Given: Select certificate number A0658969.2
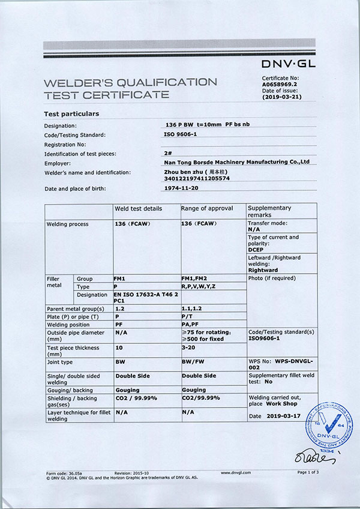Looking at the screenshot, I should pyautogui.click(x=281, y=85).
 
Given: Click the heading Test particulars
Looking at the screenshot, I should pyautogui.click(x=72, y=113).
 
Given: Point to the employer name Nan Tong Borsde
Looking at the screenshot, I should pyautogui.click(x=236, y=162).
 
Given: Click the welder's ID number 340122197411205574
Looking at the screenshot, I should pyautogui.click(x=197, y=178).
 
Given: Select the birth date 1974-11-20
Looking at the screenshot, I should pyautogui.click(x=181, y=188).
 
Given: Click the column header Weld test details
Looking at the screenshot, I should pyautogui.click(x=138, y=208).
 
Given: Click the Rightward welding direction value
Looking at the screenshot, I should pyautogui.click(x=265, y=270).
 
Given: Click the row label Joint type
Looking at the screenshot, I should pyautogui.click(x=60, y=362).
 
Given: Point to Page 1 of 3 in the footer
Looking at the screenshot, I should pyautogui.click(x=308, y=472).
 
